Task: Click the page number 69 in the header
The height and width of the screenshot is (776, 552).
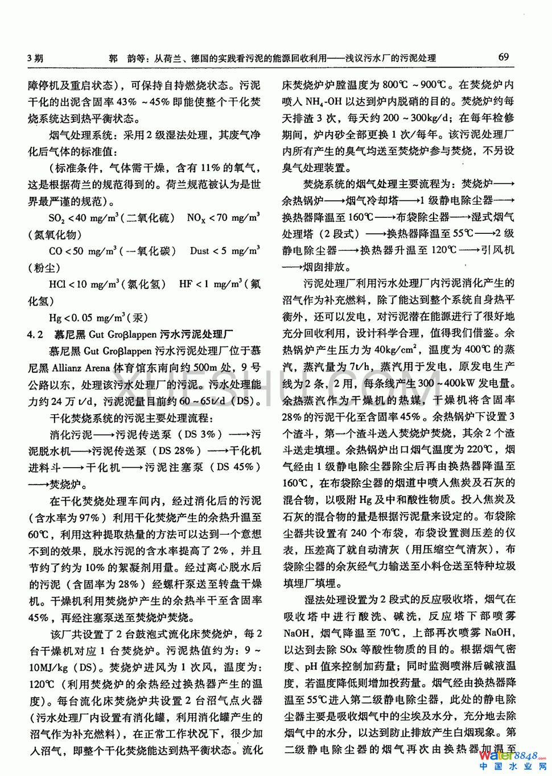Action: (503, 57)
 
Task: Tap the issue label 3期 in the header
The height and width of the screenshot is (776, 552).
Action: (35, 58)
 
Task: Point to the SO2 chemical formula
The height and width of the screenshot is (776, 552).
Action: (56, 218)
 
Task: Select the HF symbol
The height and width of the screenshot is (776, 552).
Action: (186, 284)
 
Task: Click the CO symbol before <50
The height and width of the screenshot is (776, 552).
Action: (55, 251)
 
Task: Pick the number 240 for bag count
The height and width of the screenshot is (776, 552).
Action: (359, 533)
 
